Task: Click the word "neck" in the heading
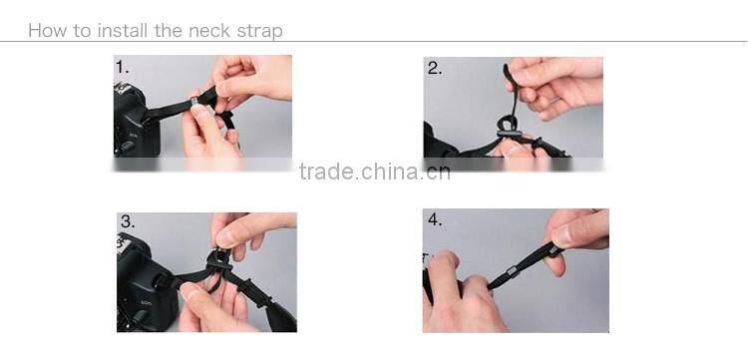pos(215,30)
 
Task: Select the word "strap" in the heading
pos(259,31)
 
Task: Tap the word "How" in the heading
pos(46,30)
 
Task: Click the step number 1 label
pos(123,68)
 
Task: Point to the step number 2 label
pos(435,68)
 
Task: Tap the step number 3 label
pos(128,221)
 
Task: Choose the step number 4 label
pos(435,219)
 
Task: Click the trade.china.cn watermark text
pos(374,172)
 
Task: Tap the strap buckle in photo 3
pos(213,261)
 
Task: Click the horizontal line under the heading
pos(374,41)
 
